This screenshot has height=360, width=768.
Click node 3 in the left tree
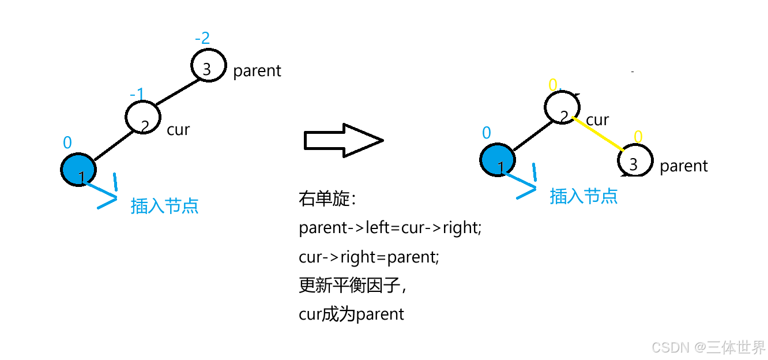click(208, 65)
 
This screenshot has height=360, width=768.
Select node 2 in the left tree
click(142, 118)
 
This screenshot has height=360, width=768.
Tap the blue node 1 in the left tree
click(78, 170)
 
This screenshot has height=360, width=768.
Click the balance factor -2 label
click(202, 39)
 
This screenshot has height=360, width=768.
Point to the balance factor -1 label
click(137, 93)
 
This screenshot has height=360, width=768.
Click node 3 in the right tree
click(635, 160)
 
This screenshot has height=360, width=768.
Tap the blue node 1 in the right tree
click(498, 160)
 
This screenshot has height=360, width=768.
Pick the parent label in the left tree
click(257, 71)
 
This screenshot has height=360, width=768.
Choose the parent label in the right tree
click(683, 166)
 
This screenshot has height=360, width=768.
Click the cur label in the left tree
click(178, 129)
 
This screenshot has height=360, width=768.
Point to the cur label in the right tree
click(597, 120)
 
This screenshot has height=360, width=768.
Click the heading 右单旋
click(328, 200)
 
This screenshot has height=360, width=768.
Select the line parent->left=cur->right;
click(390, 228)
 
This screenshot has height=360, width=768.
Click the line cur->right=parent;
click(369, 257)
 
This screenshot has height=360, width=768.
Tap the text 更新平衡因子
click(353, 286)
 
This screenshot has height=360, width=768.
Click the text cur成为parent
click(352, 314)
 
